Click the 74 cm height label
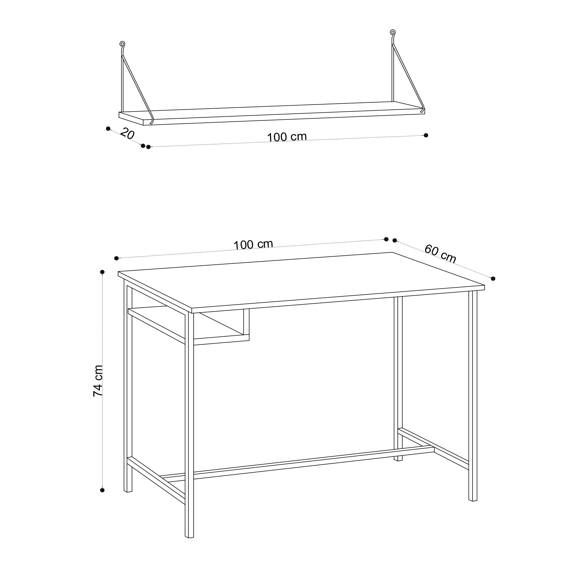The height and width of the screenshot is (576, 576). [x=98, y=381]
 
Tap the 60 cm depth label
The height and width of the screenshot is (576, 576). [x=440, y=254]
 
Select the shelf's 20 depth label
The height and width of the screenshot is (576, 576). [x=127, y=134]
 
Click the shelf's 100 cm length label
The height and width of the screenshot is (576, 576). [x=287, y=137]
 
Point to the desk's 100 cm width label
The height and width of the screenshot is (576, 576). [x=253, y=245]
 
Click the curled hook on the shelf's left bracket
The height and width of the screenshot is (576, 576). [x=122, y=44]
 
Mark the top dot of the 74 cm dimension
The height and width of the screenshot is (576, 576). [x=102, y=272]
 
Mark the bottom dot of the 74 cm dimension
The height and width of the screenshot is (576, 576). [x=102, y=490]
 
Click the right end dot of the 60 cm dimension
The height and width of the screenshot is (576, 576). [x=493, y=279]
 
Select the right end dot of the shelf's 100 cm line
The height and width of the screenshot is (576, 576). [x=426, y=135]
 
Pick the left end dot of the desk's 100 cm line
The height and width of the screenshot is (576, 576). [x=117, y=258]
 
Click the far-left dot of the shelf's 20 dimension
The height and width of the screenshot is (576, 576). [x=108, y=128]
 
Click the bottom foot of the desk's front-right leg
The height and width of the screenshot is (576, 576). [x=473, y=500]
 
